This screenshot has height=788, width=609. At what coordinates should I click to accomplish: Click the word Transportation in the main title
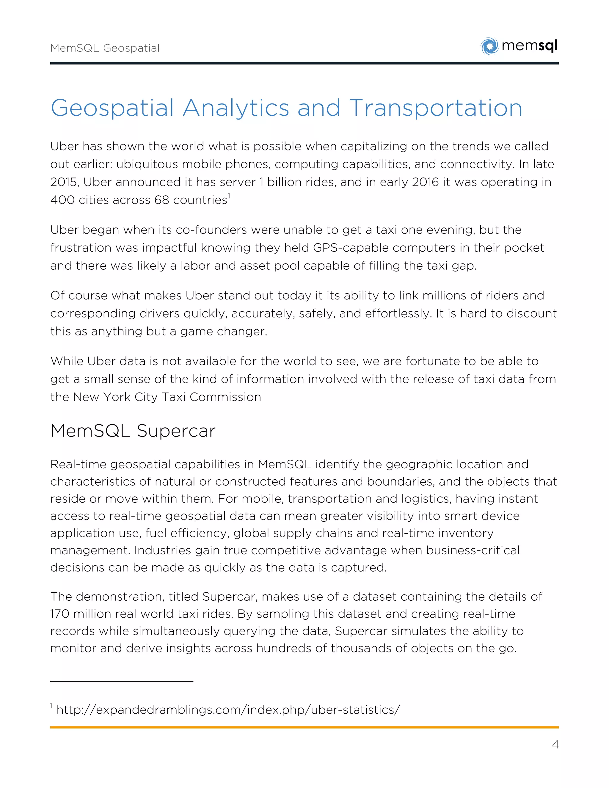tap(435, 108)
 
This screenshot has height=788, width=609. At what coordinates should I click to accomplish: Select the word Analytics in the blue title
tap(236, 108)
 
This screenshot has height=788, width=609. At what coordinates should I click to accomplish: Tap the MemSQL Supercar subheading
tap(133, 431)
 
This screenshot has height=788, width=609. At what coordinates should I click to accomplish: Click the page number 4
tap(555, 744)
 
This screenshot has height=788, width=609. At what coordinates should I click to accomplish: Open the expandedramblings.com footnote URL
tap(228, 710)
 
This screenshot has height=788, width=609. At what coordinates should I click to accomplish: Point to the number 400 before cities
tap(62, 200)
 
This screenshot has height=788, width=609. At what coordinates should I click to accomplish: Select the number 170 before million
tap(61, 614)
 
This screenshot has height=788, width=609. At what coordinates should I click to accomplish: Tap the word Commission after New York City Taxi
tap(225, 397)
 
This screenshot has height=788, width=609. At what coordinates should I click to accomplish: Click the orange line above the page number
tap(304, 727)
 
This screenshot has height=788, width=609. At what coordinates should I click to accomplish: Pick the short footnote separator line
tap(122, 681)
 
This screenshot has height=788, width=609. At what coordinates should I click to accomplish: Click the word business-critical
tap(473, 550)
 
